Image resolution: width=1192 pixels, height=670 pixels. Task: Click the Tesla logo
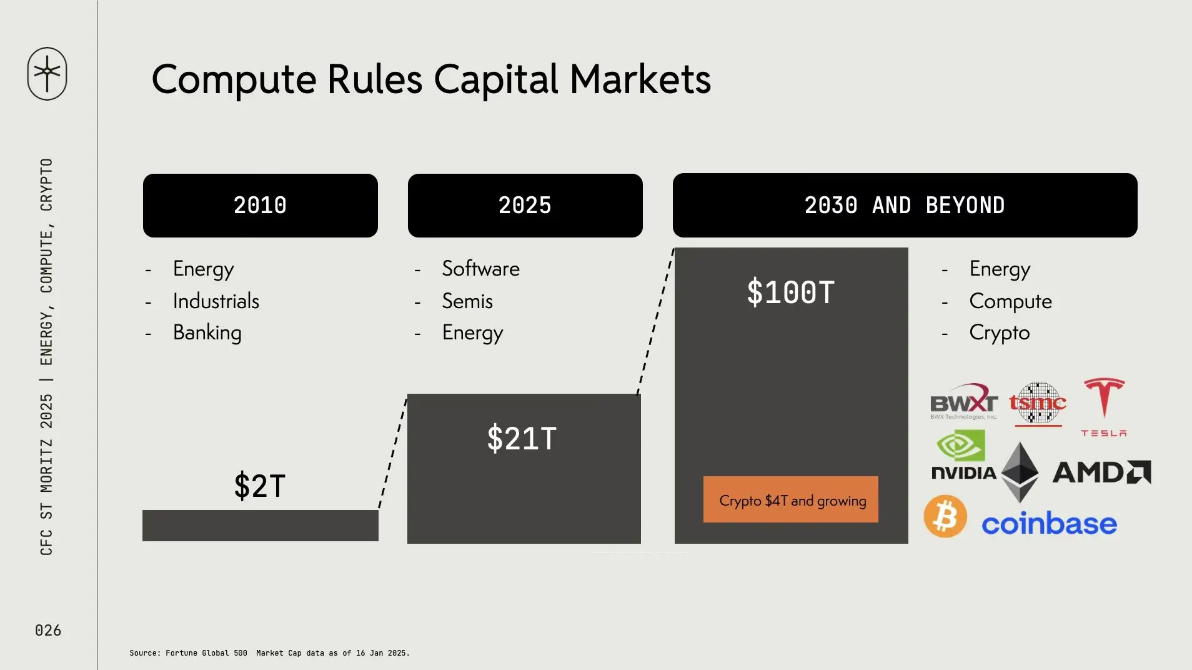coord(1104,406)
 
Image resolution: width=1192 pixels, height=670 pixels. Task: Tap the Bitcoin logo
coord(945,516)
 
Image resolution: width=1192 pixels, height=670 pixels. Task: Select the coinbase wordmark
coord(1049,524)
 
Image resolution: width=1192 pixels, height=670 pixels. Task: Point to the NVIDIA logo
coord(963,456)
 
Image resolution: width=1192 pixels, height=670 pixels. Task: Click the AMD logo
coord(1102,472)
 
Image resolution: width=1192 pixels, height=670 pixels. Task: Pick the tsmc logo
coord(1038,404)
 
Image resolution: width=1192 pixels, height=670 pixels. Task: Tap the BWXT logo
coord(963,401)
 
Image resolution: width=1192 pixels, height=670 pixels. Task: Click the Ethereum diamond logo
coord(1020,472)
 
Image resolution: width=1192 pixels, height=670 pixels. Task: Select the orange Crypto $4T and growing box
coord(791,499)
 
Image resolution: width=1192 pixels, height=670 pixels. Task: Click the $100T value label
coord(791,292)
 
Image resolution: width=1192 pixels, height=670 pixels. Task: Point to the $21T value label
coord(522,438)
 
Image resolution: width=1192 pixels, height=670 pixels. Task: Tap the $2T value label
coord(260,486)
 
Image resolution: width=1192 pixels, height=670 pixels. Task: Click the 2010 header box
coord(261,206)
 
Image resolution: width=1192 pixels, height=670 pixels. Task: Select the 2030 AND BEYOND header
coord(905,205)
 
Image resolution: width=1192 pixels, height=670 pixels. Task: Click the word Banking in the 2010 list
coord(207,333)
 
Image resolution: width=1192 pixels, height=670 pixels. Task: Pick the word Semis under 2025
coord(467,301)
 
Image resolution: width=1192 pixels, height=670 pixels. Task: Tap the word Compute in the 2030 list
coord(1011,302)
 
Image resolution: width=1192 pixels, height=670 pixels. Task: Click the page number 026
coord(48,630)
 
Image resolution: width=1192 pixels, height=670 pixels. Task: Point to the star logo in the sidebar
coord(47,74)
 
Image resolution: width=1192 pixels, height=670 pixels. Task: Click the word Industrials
coord(216,301)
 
